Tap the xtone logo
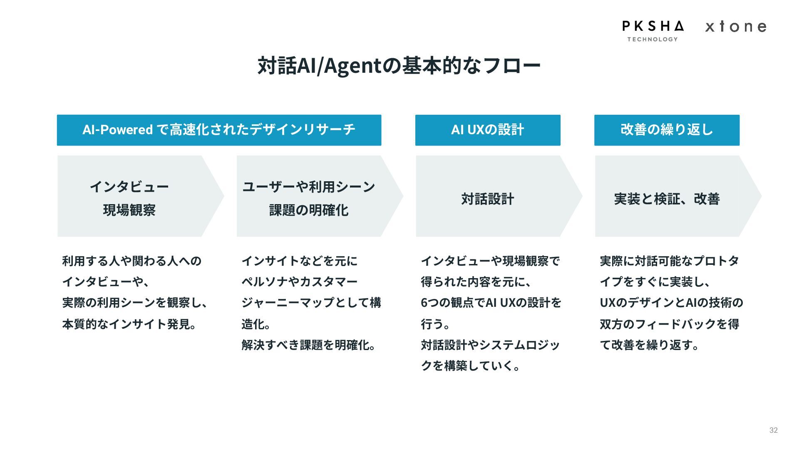click(735, 27)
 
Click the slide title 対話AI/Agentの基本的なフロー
click(399, 66)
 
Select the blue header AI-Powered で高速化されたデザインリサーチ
click(219, 130)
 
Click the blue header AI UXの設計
click(488, 130)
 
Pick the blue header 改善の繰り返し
click(667, 130)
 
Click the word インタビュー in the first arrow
click(129, 187)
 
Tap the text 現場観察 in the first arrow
click(129, 210)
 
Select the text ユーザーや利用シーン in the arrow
click(309, 187)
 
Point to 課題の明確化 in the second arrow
click(309, 210)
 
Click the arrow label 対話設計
click(488, 199)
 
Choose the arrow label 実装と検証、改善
click(667, 199)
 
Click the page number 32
click(773, 430)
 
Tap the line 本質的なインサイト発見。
click(129, 324)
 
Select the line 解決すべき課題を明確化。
click(309, 345)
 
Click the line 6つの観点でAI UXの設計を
click(491, 303)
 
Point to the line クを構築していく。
click(470, 366)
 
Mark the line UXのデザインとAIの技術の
click(671, 303)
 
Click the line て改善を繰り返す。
click(649, 345)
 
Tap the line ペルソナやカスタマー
click(300, 282)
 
